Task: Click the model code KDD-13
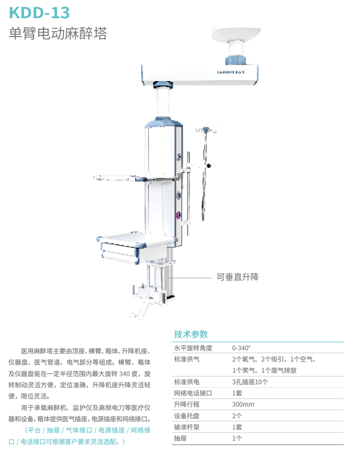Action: click(x=39, y=12)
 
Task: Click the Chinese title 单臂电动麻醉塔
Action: click(x=58, y=34)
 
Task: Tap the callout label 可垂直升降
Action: click(x=238, y=277)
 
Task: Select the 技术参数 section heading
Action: click(x=191, y=334)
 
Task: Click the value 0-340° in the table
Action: click(x=241, y=348)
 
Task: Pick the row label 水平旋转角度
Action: click(x=193, y=348)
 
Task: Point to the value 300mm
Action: click(x=243, y=404)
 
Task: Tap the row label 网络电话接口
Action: click(x=193, y=393)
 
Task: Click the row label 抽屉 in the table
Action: click(x=180, y=438)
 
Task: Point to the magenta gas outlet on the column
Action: click(x=178, y=215)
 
